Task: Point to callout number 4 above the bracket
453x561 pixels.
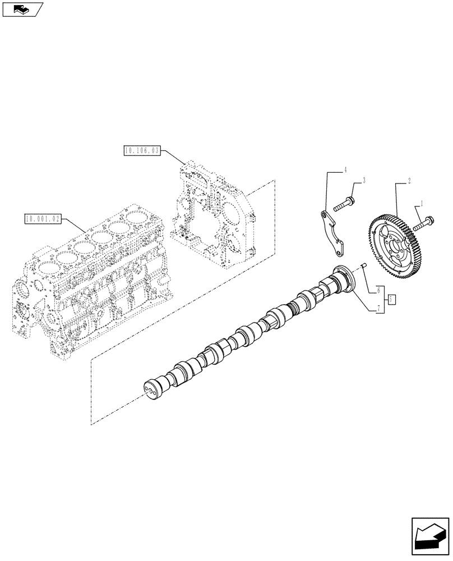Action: click(x=345, y=169)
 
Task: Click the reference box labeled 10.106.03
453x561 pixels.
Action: click(x=141, y=150)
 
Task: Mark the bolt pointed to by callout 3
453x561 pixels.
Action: click(x=343, y=204)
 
